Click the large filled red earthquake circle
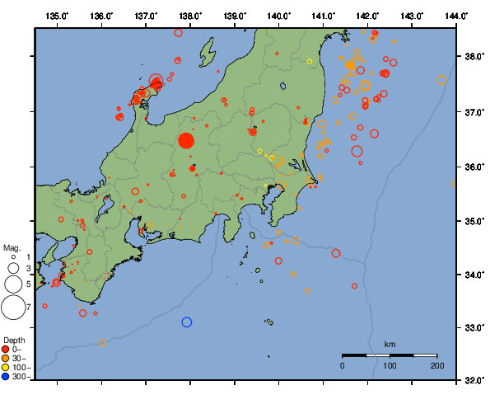(x=185, y=140)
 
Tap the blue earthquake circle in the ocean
(x=187, y=322)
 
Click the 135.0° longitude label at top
(x=57, y=16)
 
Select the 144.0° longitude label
(x=457, y=16)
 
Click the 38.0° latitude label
(x=474, y=57)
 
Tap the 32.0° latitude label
(x=474, y=381)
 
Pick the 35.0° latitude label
(x=474, y=221)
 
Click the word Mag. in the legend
(x=12, y=247)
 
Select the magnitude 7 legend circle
(x=13, y=307)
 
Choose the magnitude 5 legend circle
(x=13, y=284)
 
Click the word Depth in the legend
(x=13, y=340)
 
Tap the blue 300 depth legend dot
(x=7, y=377)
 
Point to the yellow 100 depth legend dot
(x=7, y=367)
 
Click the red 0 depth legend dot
(x=7, y=349)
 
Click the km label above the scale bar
(x=390, y=344)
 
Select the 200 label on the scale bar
(x=436, y=365)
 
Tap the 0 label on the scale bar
(x=343, y=365)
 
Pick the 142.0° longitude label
(x=367, y=16)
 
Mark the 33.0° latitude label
(x=474, y=328)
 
